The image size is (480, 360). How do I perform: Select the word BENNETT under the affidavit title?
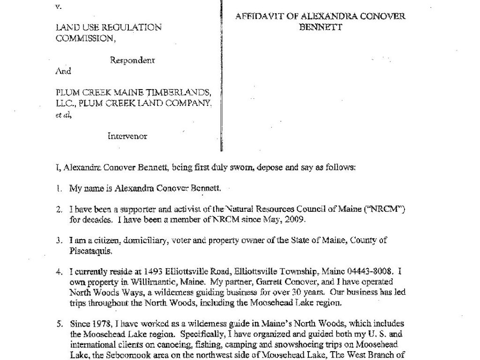pyautogui.click(x=321, y=27)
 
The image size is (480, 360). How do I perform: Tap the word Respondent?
pyautogui.click(x=132, y=60)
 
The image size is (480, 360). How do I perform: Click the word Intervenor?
pyautogui.click(x=127, y=136)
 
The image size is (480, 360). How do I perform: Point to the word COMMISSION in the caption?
pyautogui.click(x=85, y=38)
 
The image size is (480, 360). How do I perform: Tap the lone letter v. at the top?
pyautogui.click(x=58, y=7)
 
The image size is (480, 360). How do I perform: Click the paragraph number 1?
pyautogui.click(x=59, y=189)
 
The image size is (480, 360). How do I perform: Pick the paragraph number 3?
pyautogui.click(x=59, y=240)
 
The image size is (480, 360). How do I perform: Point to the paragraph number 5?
pyautogui.click(x=59, y=323)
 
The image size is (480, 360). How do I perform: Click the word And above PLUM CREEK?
pyautogui.click(x=63, y=71)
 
